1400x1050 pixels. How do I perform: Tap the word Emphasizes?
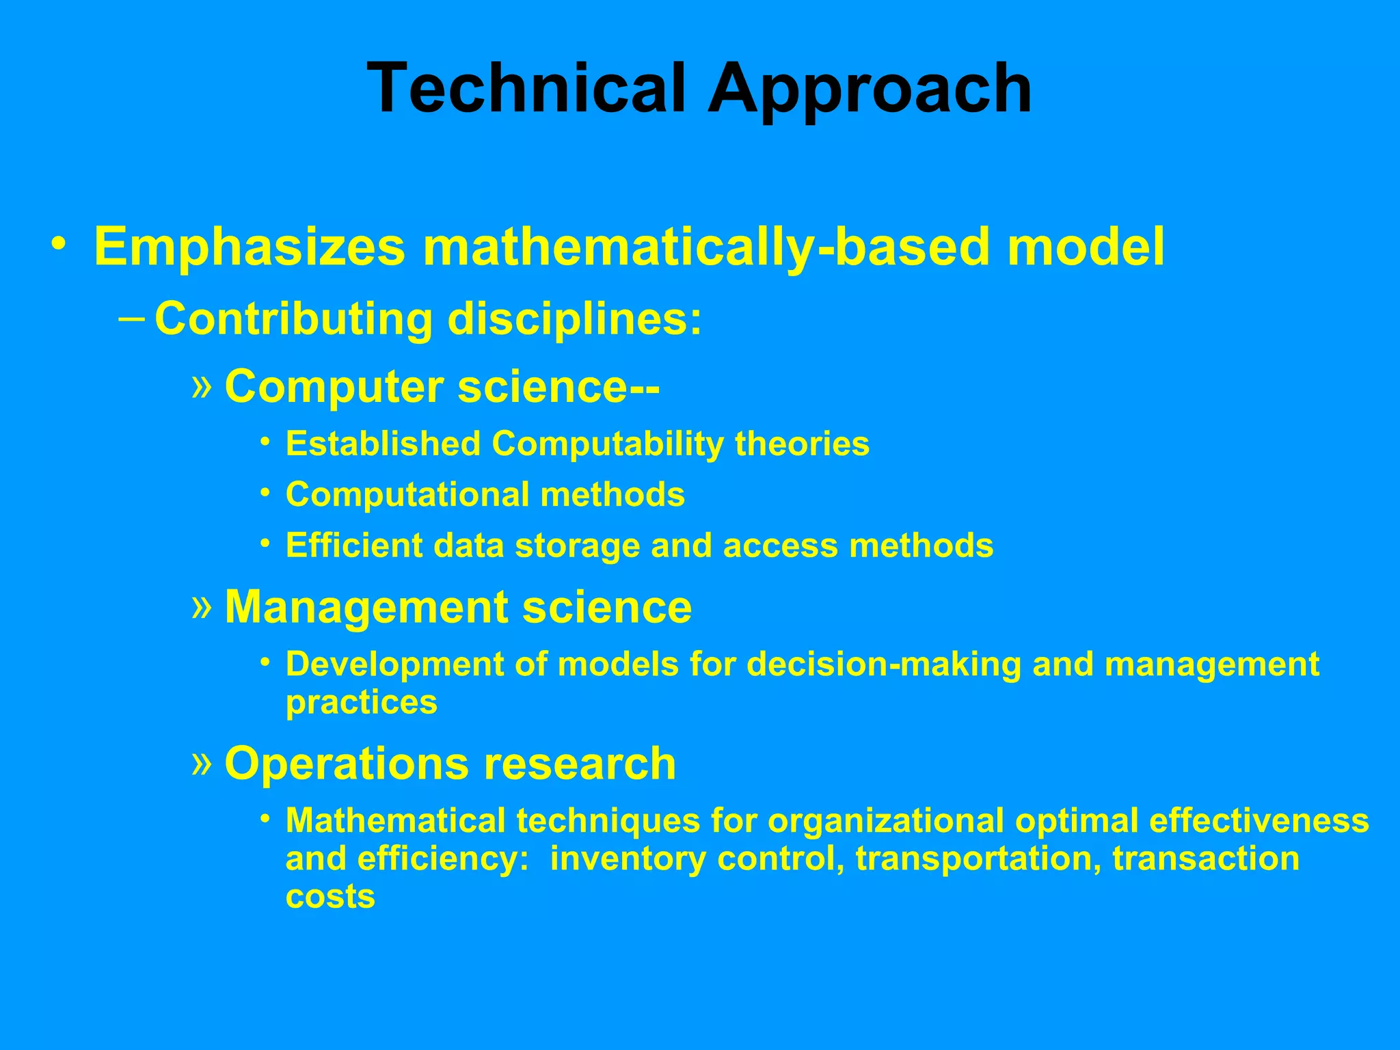click(250, 247)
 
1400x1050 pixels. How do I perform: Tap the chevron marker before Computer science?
click(202, 385)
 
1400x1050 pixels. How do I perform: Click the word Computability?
click(608, 444)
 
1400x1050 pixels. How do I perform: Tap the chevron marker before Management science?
click(202, 606)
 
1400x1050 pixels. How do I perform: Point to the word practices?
click(362, 703)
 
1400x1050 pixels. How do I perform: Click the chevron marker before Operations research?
click(202, 762)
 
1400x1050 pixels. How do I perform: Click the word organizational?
click(886, 821)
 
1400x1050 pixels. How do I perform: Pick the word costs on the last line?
click(330, 897)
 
